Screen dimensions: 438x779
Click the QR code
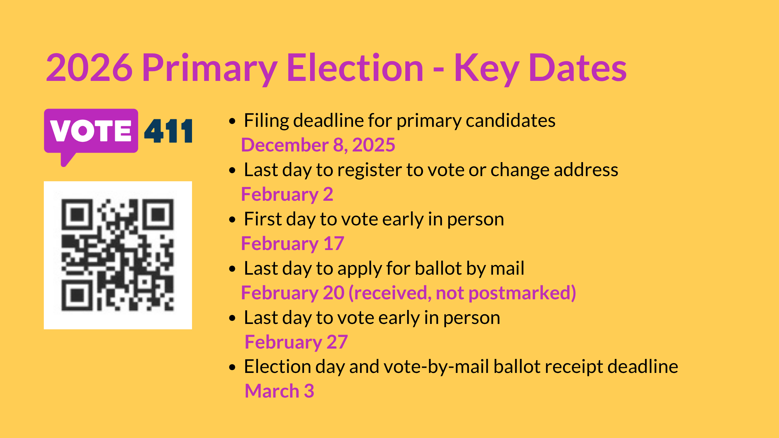pyautogui.click(x=118, y=255)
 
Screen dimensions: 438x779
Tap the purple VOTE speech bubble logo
pyautogui.click(x=91, y=131)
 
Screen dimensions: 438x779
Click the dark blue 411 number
pyautogui.click(x=168, y=131)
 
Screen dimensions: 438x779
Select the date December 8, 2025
pyautogui.click(x=318, y=145)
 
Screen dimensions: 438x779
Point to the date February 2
pyautogui.click(x=287, y=194)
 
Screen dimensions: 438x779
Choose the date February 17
pyautogui.click(x=292, y=243)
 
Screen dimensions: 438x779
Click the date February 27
pyautogui.click(x=296, y=342)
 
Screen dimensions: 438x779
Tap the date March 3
pyautogui.click(x=279, y=391)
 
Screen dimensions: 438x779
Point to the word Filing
pyautogui.click(x=267, y=120)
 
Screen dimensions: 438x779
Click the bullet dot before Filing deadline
pyautogui.click(x=232, y=121)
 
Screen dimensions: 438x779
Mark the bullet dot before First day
pyautogui.click(x=232, y=220)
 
